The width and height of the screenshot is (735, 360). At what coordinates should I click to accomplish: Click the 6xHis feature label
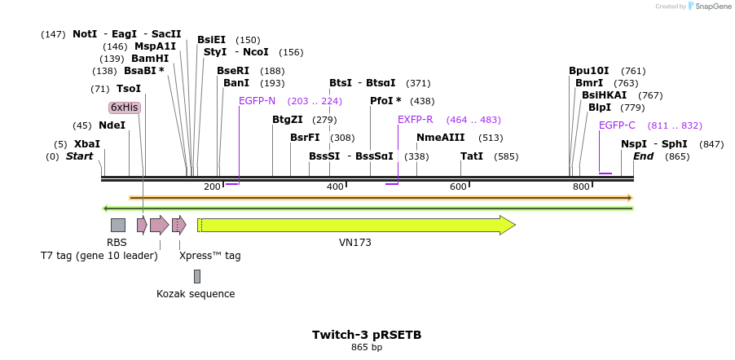(125, 108)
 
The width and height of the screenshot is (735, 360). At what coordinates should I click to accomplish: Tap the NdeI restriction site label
(112, 125)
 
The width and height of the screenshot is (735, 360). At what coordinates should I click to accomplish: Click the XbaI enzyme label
(87, 144)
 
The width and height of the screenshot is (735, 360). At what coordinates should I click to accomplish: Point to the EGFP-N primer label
(257, 101)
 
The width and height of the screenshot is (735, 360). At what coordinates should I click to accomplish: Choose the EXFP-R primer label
(415, 120)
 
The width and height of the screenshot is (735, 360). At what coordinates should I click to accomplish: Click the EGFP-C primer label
(617, 125)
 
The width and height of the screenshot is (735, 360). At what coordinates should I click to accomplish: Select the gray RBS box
(118, 225)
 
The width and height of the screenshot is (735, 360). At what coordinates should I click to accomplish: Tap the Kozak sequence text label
(196, 294)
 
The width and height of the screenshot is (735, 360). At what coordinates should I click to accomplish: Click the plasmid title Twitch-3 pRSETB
(367, 335)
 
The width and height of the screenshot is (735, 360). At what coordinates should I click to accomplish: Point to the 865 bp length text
(367, 348)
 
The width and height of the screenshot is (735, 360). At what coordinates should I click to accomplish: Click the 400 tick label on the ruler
(334, 187)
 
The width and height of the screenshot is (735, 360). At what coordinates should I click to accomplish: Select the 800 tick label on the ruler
(580, 187)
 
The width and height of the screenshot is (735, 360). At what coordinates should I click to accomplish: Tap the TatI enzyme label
(472, 156)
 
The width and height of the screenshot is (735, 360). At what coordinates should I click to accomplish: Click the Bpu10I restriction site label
(589, 71)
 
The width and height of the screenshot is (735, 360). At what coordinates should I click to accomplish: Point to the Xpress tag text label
(209, 256)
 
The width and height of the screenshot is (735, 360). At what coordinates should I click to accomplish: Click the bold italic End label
(644, 156)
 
